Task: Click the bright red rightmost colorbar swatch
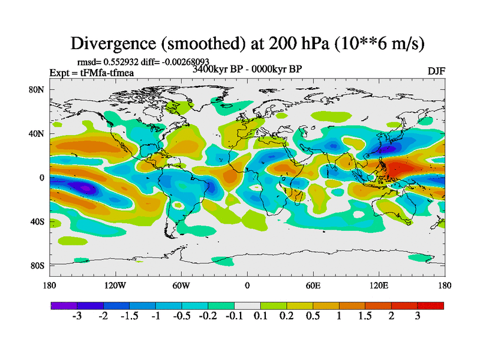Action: click(431, 305)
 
